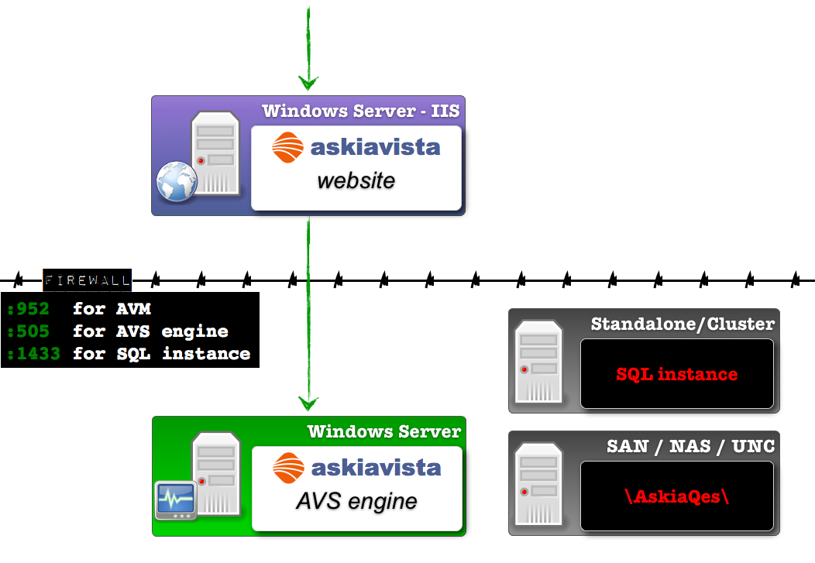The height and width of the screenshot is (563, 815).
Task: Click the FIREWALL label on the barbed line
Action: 87,280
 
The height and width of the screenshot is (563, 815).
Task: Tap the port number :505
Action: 28,332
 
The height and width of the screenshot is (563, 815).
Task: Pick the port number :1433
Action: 33,355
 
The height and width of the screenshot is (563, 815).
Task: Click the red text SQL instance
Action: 676,375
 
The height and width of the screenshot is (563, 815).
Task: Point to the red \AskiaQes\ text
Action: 676,496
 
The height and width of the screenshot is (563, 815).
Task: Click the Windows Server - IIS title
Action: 360,111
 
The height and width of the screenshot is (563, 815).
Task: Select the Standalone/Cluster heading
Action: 682,324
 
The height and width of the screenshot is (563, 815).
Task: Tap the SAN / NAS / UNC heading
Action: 690,445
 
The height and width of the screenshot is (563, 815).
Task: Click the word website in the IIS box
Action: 356,181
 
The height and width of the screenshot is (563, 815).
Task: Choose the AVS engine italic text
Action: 356,501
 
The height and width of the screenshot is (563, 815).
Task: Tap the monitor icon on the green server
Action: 174,500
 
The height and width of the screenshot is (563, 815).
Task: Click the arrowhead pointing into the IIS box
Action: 308,82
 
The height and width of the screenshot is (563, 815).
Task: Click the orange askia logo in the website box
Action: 288,147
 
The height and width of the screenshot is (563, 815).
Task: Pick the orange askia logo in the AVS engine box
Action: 289,467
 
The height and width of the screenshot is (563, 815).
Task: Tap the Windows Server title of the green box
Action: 383,431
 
